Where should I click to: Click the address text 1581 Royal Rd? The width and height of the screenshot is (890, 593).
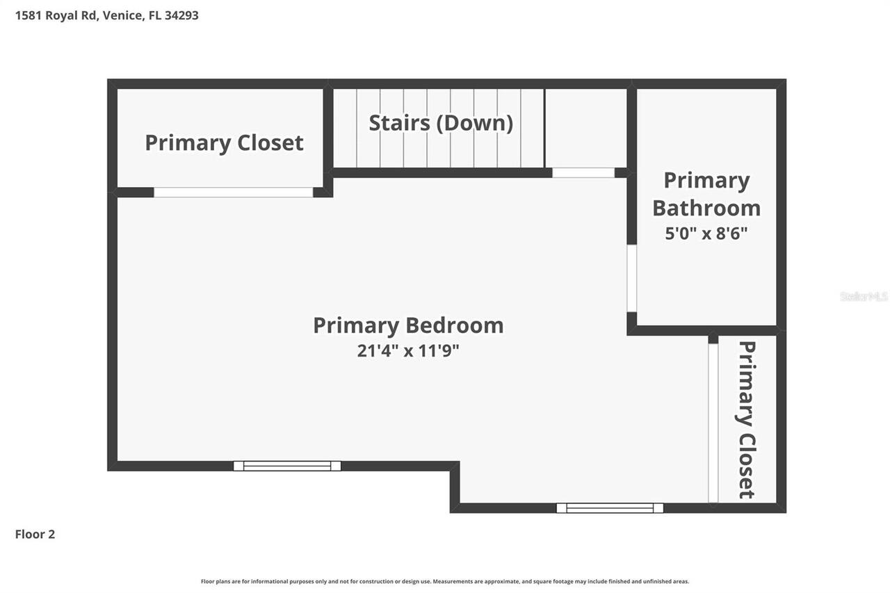(x=56, y=15)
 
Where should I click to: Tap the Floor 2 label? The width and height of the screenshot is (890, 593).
(x=35, y=535)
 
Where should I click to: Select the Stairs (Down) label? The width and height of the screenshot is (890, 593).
(x=441, y=123)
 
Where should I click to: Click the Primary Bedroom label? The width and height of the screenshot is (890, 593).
(x=408, y=325)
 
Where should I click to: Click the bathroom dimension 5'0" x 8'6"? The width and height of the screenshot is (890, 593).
(x=706, y=234)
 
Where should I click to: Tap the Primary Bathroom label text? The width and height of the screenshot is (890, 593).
(x=706, y=194)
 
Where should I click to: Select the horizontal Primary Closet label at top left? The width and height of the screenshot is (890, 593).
(x=224, y=143)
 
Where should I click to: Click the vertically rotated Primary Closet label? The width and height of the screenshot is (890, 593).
(x=746, y=419)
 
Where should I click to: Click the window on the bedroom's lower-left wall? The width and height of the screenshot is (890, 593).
(x=287, y=466)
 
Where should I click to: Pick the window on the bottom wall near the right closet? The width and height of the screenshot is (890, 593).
(x=610, y=508)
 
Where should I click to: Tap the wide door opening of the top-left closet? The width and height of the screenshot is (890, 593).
(x=233, y=193)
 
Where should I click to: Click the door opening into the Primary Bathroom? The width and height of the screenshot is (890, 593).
(x=631, y=278)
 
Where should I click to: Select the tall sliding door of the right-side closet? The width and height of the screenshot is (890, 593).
(x=713, y=423)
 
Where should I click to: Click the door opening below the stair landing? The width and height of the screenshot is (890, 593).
(x=583, y=172)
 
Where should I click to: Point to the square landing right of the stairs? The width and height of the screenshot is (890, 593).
(x=585, y=128)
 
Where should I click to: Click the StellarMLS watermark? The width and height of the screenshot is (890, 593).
(x=864, y=297)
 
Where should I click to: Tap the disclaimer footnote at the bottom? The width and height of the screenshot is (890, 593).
(x=445, y=581)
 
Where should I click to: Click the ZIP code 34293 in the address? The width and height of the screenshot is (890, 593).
(x=182, y=15)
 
